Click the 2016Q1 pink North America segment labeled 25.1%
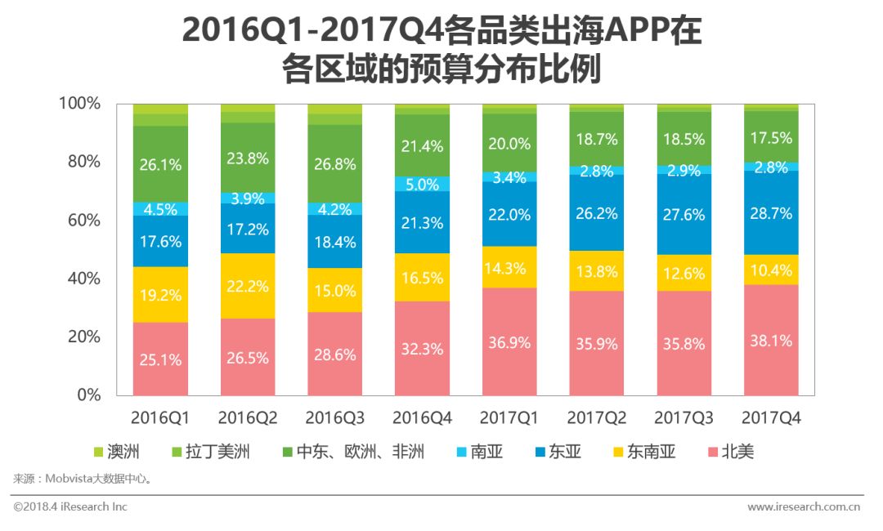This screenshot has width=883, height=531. pos(160,359)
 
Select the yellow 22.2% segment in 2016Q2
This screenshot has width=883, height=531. pos(248,285)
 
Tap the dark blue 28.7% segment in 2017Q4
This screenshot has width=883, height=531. pos(771,213)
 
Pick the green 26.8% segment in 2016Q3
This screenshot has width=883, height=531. pos(335,163)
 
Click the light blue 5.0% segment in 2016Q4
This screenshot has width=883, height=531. pos(422,185)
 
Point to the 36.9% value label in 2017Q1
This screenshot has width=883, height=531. pos(509,343)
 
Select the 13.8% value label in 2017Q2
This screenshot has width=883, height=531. pos(597,272)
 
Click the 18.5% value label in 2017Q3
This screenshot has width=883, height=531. pos(684,140)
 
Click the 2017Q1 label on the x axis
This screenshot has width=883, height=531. pos(509,418)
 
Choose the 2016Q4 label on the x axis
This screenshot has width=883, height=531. pos(422,418)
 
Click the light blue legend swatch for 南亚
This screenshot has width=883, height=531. pos(460,452)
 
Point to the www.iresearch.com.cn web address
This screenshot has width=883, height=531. pos(803,506)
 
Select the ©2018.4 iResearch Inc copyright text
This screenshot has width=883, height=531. pos(70,506)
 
